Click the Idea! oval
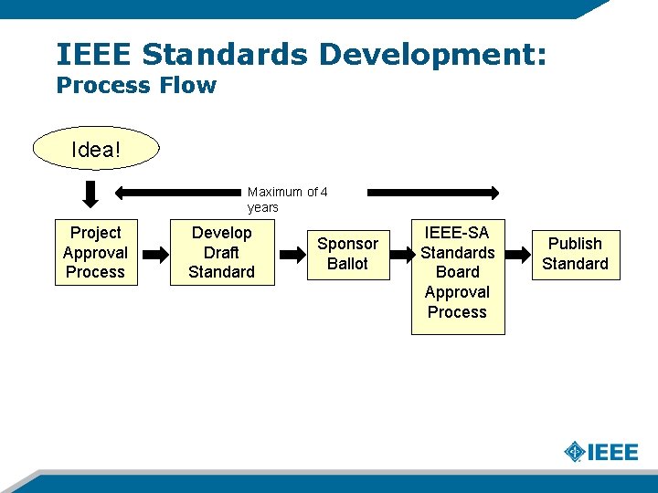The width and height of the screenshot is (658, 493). (x=95, y=148)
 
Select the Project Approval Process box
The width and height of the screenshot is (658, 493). (x=95, y=253)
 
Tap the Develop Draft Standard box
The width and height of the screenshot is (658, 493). (x=221, y=253)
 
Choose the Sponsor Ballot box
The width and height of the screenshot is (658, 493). (x=347, y=254)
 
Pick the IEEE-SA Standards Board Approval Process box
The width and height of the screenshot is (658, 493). (x=457, y=273)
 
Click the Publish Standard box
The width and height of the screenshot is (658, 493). (x=575, y=254)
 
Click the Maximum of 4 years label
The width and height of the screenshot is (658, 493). (x=286, y=200)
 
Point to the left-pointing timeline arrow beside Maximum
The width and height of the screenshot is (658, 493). (x=179, y=193)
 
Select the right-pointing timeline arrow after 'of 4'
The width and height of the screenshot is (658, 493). (x=433, y=193)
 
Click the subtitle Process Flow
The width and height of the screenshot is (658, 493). (x=136, y=86)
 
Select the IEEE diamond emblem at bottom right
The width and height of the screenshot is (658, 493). (x=574, y=452)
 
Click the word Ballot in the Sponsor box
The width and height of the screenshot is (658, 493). (x=347, y=264)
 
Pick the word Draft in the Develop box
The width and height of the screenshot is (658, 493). (x=221, y=253)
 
